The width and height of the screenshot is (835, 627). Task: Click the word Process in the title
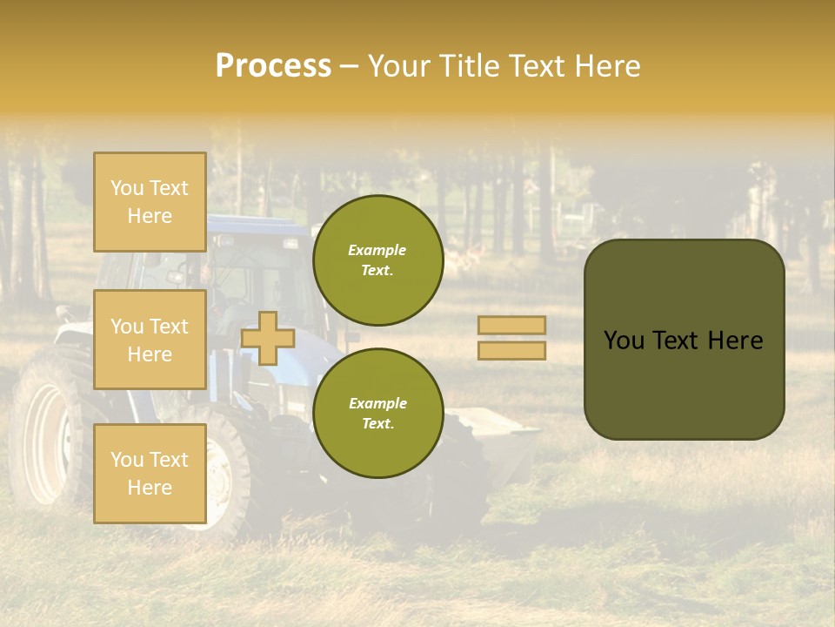[273, 66]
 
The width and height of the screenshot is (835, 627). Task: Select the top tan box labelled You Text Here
[150, 202]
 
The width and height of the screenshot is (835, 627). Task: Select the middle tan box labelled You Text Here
[150, 340]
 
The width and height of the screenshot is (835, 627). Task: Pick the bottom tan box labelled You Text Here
[150, 473]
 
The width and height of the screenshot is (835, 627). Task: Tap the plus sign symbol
[267, 338]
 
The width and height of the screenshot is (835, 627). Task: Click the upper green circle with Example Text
[377, 260]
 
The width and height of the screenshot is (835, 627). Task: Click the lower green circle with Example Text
[377, 413]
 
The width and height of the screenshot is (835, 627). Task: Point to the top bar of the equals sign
[511, 325]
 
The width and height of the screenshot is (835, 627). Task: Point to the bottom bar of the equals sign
[511, 350]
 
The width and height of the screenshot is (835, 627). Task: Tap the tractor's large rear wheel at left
[48, 431]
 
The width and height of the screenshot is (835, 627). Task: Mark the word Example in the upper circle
[377, 250]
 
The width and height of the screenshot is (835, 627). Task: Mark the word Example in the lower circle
[377, 403]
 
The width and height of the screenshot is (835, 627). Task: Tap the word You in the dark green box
[624, 340]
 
